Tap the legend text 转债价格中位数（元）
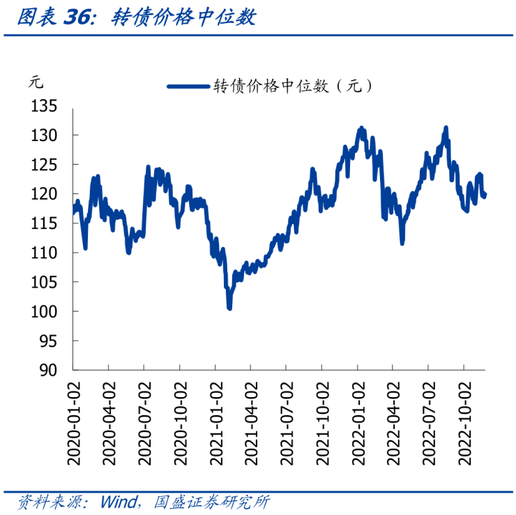click(293, 87)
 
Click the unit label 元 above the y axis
click(36, 82)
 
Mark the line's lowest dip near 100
click(229, 306)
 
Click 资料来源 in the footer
click(43, 502)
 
